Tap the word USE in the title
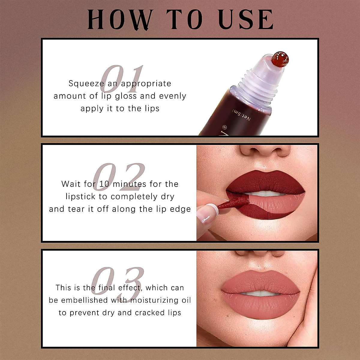246,19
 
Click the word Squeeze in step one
86,83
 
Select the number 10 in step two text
104,184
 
